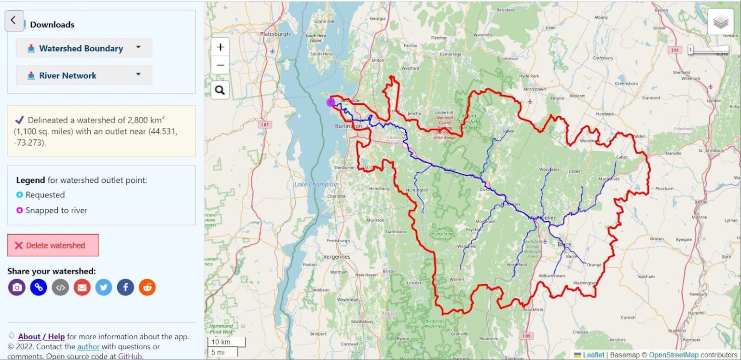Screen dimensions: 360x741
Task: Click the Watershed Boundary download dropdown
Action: click(x=84, y=48)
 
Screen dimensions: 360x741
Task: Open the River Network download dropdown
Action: click(x=84, y=75)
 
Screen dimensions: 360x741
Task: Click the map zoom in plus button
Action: click(x=220, y=47)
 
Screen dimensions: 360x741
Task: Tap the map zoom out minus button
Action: click(x=220, y=65)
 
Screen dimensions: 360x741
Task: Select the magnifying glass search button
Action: click(x=220, y=90)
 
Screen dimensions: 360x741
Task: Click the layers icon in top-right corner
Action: click(x=720, y=22)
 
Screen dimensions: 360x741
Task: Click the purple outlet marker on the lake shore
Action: click(x=331, y=102)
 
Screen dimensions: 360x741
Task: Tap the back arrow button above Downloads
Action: click(x=14, y=20)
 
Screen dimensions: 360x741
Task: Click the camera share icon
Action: click(x=17, y=288)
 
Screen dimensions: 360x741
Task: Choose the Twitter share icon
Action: click(x=104, y=288)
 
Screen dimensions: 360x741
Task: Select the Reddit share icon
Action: click(x=147, y=288)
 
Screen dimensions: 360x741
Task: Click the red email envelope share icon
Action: click(x=82, y=288)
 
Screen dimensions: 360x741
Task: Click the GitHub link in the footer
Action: click(x=130, y=356)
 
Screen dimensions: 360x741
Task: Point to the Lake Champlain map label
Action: click(x=316, y=185)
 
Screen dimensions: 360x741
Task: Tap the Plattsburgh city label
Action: click(x=274, y=34)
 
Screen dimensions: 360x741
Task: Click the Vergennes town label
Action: click(x=336, y=257)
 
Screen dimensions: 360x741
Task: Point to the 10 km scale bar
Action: click(x=226, y=342)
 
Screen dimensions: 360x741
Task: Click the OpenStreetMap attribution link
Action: click(x=673, y=355)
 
